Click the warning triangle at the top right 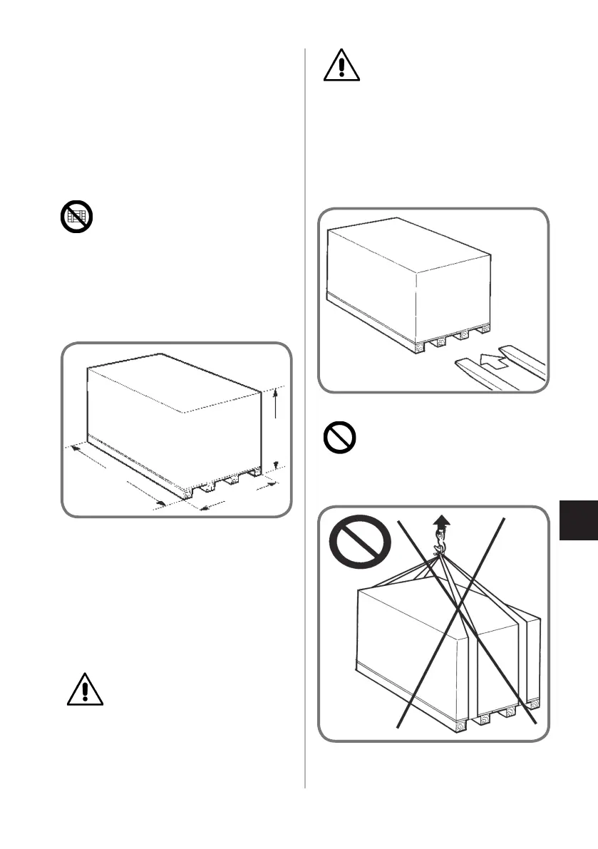click(341, 66)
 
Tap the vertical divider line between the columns click(305, 428)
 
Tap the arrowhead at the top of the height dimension click(276, 390)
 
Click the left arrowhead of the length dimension click(73, 448)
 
